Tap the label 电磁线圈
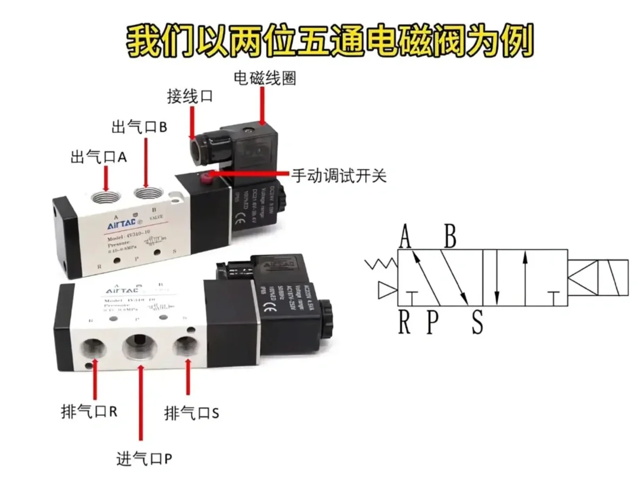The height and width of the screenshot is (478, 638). point(265,78)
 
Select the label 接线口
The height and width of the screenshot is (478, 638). point(189,97)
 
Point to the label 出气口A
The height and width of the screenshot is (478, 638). point(98,157)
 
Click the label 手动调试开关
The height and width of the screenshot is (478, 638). point(339,176)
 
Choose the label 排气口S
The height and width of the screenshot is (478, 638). point(192,414)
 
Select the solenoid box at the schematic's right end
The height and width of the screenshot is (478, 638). point(598,277)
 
